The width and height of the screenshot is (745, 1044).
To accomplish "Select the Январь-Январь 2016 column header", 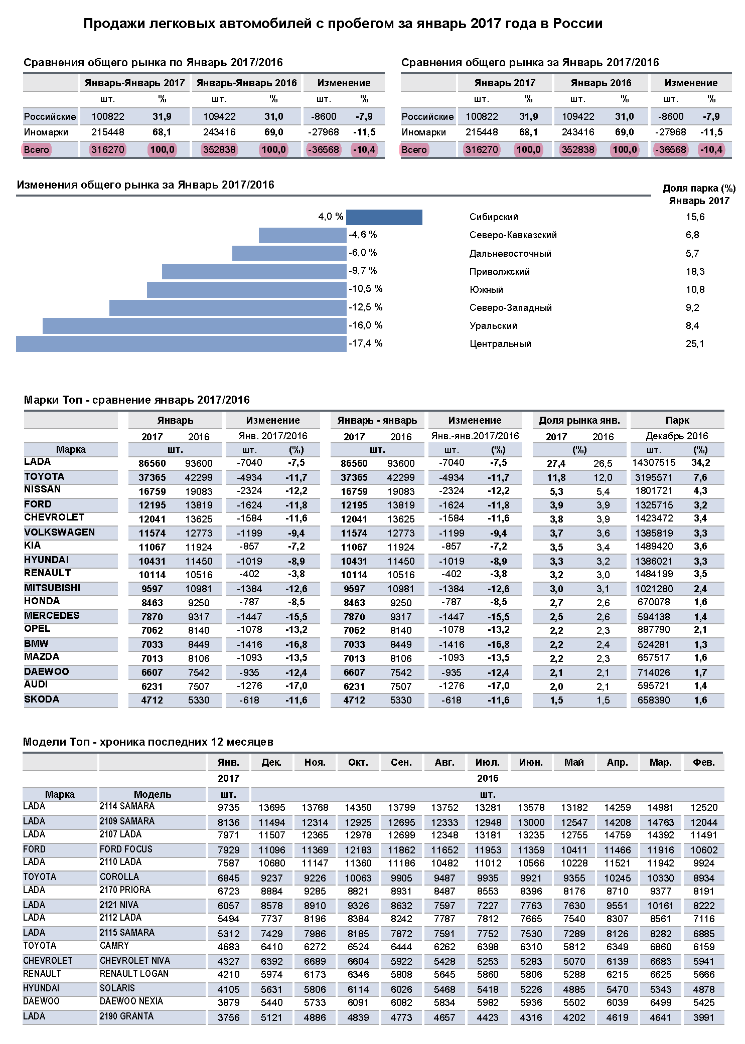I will click(246, 83).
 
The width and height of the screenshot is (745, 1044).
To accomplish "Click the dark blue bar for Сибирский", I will click(384, 217).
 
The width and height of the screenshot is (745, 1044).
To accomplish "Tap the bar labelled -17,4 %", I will click(181, 344).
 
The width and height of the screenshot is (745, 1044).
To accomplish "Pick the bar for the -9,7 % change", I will click(254, 271).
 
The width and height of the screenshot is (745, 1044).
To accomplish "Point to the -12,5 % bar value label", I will click(366, 307).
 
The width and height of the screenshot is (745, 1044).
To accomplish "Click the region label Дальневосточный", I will click(510, 254).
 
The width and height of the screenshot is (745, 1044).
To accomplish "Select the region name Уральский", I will click(493, 326).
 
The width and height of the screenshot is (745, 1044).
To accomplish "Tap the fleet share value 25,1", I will click(695, 344).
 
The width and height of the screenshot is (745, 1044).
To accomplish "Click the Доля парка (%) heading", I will click(699, 189).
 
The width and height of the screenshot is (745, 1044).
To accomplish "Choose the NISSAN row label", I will click(43, 489).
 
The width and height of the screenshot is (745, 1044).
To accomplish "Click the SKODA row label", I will click(42, 700).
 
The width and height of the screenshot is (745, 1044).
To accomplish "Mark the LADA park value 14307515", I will click(654, 463).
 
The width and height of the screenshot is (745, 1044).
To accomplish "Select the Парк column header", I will click(677, 420).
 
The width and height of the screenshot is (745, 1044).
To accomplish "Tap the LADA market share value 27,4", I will click(556, 464).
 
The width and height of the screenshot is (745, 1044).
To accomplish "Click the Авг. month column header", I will click(444, 762).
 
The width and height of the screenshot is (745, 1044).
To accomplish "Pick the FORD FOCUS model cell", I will click(126, 849).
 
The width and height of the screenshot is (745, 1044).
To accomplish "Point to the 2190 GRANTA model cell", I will click(126, 1016).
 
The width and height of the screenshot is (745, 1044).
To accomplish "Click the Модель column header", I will click(153, 794).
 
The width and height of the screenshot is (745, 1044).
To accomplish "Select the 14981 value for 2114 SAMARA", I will click(660, 808).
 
